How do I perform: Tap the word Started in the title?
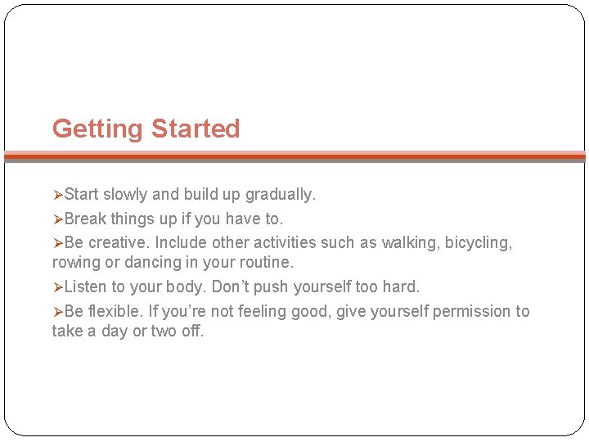(x=196, y=129)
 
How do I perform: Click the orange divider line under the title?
(x=294, y=155)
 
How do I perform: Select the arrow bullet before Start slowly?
(x=57, y=195)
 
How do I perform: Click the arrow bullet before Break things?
(x=57, y=219)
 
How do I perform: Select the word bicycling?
(x=479, y=243)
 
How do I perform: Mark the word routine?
(x=267, y=263)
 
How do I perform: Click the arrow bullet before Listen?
(x=57, y=287)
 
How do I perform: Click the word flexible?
(x=117, y=312)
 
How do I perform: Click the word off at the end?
(x=192, y=331)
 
